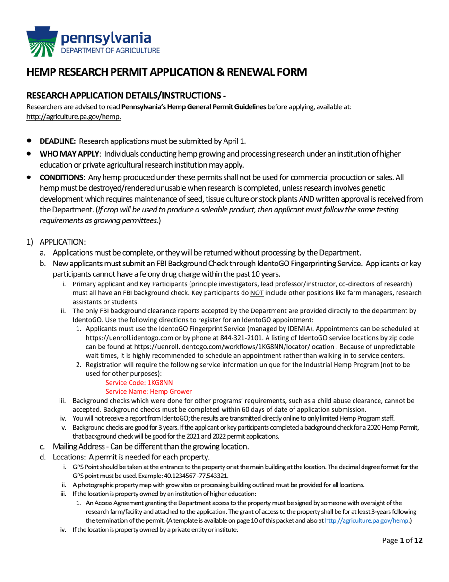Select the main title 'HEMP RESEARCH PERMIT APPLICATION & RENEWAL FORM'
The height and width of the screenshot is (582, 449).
166,72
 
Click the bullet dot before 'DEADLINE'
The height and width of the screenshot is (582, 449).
30,141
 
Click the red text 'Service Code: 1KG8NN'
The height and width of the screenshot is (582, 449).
135,382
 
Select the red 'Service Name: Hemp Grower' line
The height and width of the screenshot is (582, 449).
148,391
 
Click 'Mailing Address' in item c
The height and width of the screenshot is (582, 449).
78,446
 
